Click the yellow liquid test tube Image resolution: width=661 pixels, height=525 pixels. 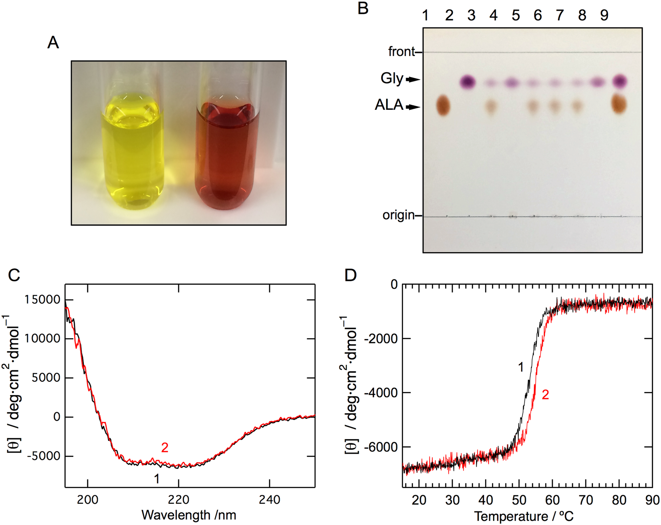coord(132,152)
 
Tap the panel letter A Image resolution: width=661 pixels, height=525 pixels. coord(53,42)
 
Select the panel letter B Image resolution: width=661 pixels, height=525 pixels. coord(363,8)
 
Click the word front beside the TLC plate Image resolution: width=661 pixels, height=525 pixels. coord(401,52)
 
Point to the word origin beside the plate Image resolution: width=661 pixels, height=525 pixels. coord(398,215)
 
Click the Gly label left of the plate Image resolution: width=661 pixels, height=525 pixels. coord(391,79)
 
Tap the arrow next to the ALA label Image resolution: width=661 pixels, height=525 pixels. coord(413,107)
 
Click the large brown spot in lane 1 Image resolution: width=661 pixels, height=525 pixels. coord(443,105)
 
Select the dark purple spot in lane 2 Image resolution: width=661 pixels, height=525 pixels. coord(468,82)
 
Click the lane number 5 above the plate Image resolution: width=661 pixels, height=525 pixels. coord(516,16)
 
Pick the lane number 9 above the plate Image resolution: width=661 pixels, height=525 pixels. coord(604,16)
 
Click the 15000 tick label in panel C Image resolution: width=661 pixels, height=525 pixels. coord(42,300)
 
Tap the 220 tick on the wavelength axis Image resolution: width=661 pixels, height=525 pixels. coord(179,500)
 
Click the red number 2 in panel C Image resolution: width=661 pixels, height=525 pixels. coord(165,448)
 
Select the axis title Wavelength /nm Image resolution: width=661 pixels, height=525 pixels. coord(189,515)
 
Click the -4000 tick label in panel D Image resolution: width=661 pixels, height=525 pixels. coord(381,393)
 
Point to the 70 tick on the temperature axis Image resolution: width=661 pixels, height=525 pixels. coord(586,500)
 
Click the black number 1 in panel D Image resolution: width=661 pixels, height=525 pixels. coord(521,367)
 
